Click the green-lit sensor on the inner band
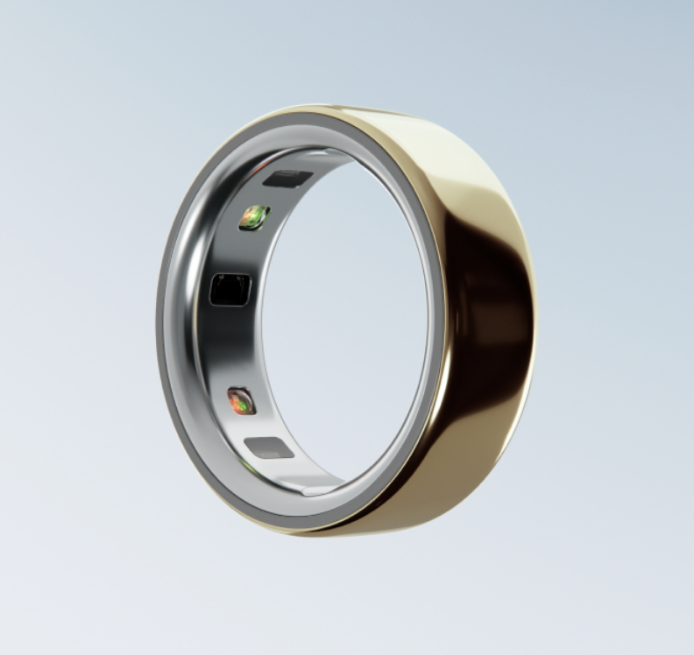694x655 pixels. pos(254,217)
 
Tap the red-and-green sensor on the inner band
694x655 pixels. pos(241,401)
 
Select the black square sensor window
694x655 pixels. pos(230,289)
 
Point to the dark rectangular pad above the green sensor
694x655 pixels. pos(287,179)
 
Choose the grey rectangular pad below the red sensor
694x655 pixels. pos(269,448)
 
